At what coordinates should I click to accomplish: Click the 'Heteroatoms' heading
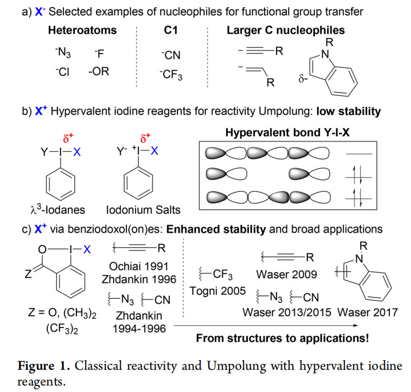pos(82,30)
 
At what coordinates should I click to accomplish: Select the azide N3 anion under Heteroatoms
pos(63,53)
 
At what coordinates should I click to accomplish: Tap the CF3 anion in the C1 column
pos(171,75)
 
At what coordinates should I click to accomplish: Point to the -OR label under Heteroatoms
pos(99,71)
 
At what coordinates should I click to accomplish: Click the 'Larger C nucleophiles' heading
pos(286,30)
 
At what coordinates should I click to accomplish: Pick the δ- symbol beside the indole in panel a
pos(303,79)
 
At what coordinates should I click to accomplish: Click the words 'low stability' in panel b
pos(348,111)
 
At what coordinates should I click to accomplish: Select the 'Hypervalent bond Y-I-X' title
pos(287,133)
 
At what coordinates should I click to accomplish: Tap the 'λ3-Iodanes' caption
pos(57,210)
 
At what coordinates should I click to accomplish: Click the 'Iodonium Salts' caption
pos(143,210)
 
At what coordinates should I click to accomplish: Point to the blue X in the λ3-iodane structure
pos(77,152)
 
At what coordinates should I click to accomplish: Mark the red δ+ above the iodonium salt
pos(145,138)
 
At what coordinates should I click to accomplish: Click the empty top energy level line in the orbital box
pos(359,154)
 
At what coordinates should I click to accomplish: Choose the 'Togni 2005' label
pos(217,291)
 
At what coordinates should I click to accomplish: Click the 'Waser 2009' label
pos(286,274)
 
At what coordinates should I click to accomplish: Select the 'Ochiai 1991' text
pos(139,267)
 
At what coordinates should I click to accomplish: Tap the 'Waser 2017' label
pos(368,312)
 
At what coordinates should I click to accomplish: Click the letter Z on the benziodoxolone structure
pos(28,274)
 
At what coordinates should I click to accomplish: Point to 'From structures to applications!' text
pos(282,338)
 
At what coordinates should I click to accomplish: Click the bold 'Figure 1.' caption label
pos(43,366)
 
